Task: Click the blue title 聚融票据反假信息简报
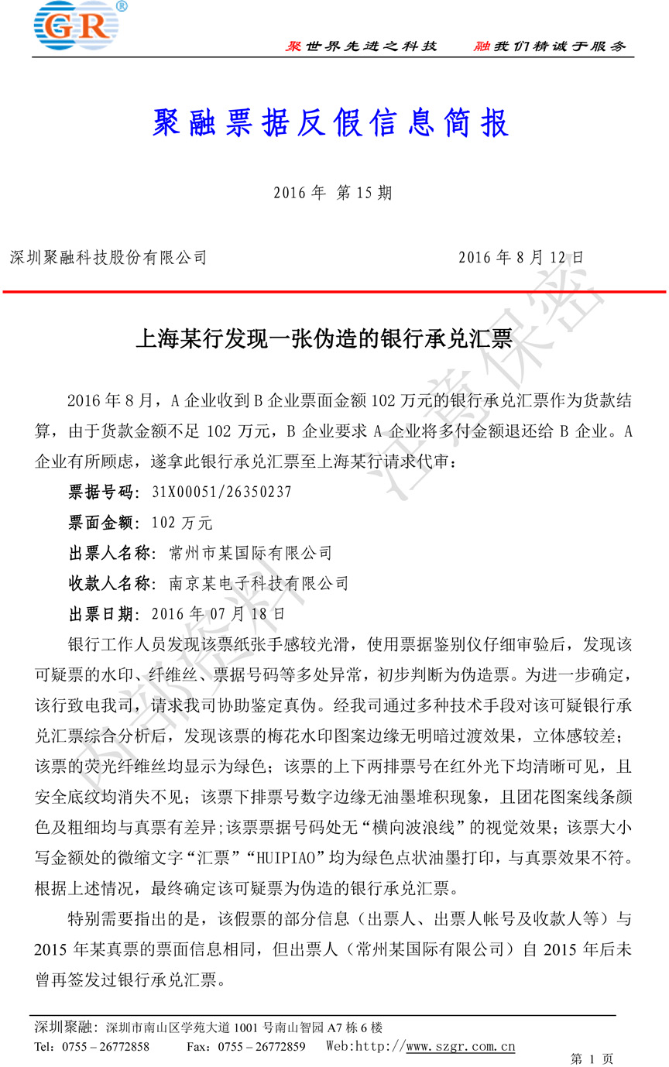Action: click(x=333, y=124)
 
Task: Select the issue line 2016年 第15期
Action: click(x=333, y=193)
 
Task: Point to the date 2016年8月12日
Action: click(x=520, y=257)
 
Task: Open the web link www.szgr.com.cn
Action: click(x=461, y=1047)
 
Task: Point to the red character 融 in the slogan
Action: click(x=482, y=46)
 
